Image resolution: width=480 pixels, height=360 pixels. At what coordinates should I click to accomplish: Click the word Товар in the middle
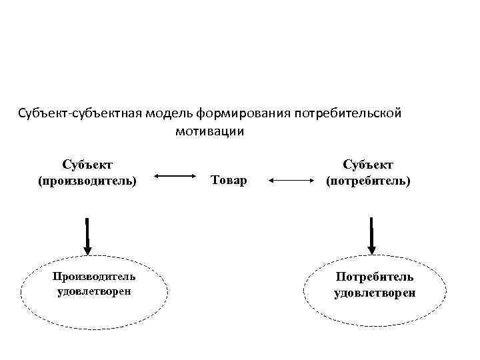(228, 180)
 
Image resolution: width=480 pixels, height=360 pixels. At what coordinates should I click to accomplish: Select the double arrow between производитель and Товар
(173, 177)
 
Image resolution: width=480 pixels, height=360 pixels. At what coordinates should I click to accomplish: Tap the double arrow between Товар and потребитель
(291, 179)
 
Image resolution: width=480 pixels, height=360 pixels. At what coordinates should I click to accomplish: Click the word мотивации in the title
(210, 131)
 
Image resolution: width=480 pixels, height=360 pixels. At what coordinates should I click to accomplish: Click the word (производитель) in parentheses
(87, 181)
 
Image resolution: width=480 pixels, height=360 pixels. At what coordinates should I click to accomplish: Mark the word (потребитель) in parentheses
(368, 181)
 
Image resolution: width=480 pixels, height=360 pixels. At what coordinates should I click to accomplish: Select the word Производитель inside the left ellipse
(93, 276)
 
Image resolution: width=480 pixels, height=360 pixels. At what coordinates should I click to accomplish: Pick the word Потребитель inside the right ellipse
(375, 276)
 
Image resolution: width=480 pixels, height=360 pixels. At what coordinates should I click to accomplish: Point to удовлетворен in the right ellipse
(375, 292)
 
